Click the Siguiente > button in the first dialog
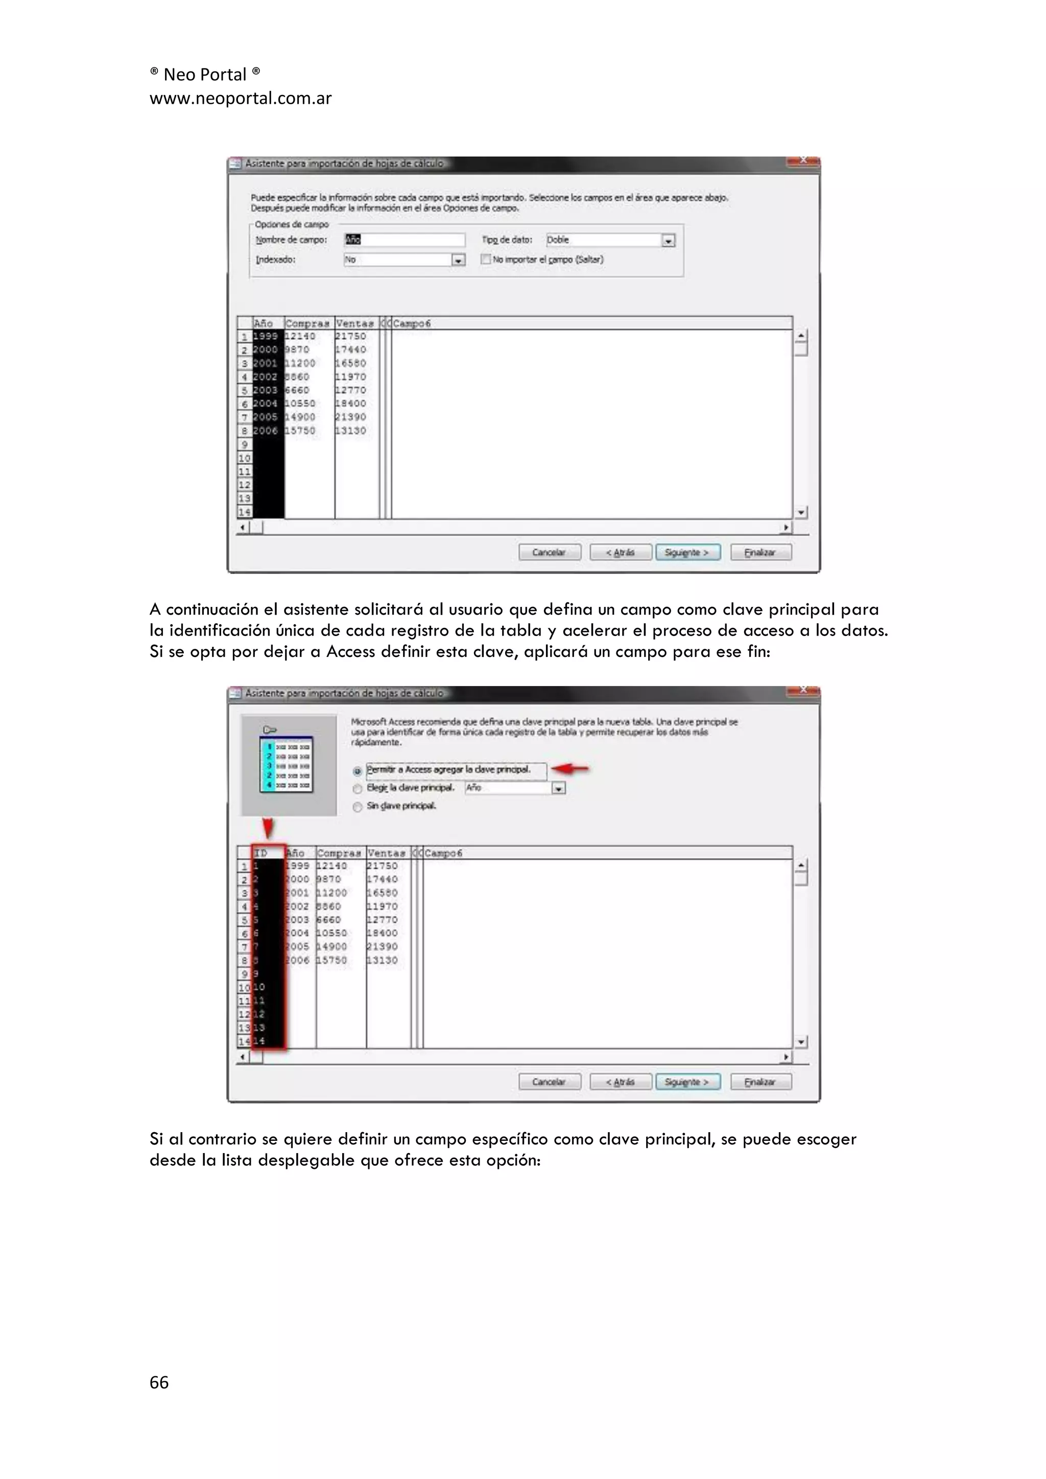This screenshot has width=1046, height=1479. (687, 552)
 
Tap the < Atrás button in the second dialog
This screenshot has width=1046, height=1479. (620, 1082)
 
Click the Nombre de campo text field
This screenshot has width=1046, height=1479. (405, 240)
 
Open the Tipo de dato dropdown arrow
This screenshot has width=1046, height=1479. (669, 240)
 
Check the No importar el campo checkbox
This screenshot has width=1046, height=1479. (486, 259)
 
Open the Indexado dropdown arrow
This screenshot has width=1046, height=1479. (458, 260)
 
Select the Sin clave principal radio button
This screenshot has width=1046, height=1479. (358, 807)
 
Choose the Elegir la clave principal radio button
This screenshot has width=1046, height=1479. (358, 788)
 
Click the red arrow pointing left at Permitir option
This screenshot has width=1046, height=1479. (570, 768)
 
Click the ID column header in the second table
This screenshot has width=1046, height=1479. (267, 853)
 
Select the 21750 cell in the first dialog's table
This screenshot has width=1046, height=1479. (351, 336)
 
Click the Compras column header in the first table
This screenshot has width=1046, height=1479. (308, 323)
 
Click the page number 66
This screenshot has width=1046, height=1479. (159, 1382)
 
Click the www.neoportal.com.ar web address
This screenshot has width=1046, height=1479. (240, 99)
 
